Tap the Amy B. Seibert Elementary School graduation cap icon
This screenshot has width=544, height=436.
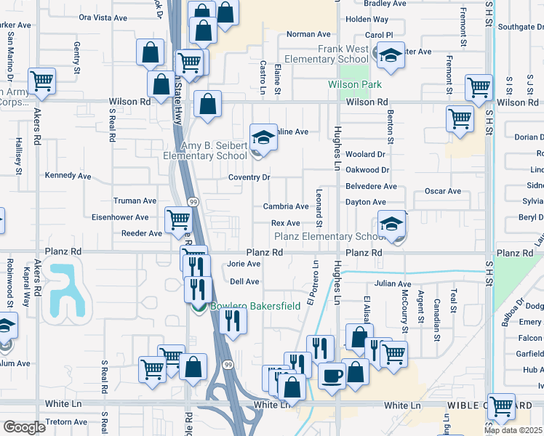[263, 137]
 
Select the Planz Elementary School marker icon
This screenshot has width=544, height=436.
[391, 223]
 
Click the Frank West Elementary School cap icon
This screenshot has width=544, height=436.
[390, 54]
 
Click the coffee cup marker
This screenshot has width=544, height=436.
[332, 376]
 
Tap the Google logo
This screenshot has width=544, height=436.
[24, 427]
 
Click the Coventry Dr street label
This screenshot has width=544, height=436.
[249, 177]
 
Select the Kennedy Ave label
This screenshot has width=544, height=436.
[68, 176]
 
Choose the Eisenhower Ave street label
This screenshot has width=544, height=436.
[120, 217]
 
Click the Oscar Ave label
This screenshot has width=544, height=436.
[444, 192]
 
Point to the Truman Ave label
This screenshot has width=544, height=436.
[135, 201]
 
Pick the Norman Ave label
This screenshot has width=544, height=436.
[308, 34]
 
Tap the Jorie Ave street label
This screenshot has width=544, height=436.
[244, 265]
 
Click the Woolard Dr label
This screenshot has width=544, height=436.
[365, 154]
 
